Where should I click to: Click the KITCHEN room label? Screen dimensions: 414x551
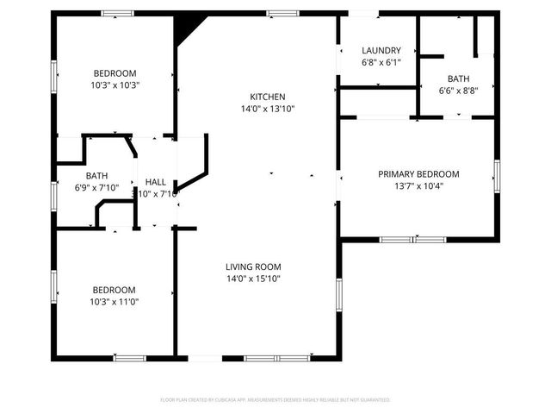(267, 97)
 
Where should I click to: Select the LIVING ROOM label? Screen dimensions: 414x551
(253, 267)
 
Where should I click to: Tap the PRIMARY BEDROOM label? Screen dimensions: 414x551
(418, 174)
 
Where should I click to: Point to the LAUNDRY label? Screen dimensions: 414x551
(381, 51)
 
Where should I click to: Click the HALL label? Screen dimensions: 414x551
(156, 182)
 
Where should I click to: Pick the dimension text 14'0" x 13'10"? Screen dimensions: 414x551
(267, 109)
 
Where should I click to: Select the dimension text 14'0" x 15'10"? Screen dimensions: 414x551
(253, 279)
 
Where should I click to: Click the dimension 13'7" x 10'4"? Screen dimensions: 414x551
(418, 186)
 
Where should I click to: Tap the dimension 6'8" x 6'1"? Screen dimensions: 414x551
(381, 63)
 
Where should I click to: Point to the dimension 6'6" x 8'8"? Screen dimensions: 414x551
(458, 91)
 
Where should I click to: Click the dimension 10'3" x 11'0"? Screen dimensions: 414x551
(115, 302)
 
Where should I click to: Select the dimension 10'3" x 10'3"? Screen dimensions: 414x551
(115, 85)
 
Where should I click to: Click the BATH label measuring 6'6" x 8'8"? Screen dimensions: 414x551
(458, 78)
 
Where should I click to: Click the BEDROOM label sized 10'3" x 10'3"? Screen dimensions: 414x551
(115, 73)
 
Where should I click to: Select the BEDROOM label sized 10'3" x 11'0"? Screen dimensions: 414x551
(115, 290)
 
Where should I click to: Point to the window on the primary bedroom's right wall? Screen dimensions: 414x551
(496, 176)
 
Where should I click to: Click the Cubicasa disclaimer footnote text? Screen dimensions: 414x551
(275, 400)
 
